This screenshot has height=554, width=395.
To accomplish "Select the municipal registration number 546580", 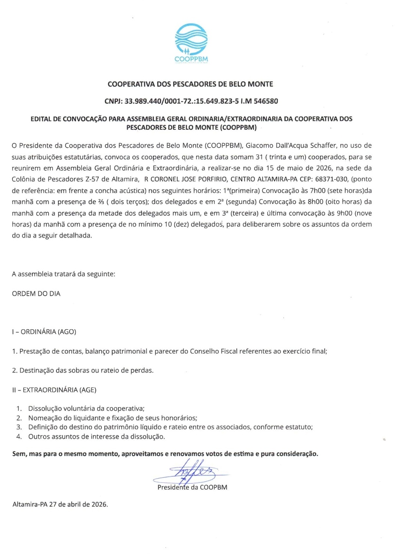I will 265,101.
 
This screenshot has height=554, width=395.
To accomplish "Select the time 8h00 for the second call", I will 315,202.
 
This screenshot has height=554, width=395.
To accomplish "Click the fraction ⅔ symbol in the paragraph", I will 101,202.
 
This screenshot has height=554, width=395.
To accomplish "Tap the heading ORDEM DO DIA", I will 36,294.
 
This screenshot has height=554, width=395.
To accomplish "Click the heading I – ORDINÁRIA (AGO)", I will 44,332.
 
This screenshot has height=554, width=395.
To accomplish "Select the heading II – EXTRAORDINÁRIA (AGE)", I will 54,390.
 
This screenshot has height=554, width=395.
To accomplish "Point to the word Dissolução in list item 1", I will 45,409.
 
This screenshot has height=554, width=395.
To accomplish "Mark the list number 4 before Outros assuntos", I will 19,437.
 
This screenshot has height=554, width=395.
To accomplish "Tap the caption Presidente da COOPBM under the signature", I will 192,487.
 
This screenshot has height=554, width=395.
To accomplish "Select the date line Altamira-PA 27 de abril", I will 60,504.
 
